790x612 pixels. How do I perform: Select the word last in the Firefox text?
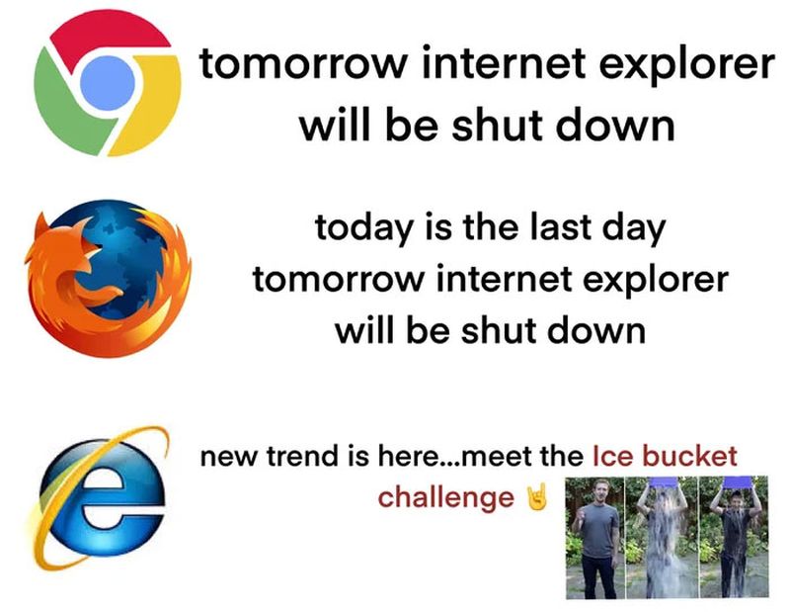click(557, 229)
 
